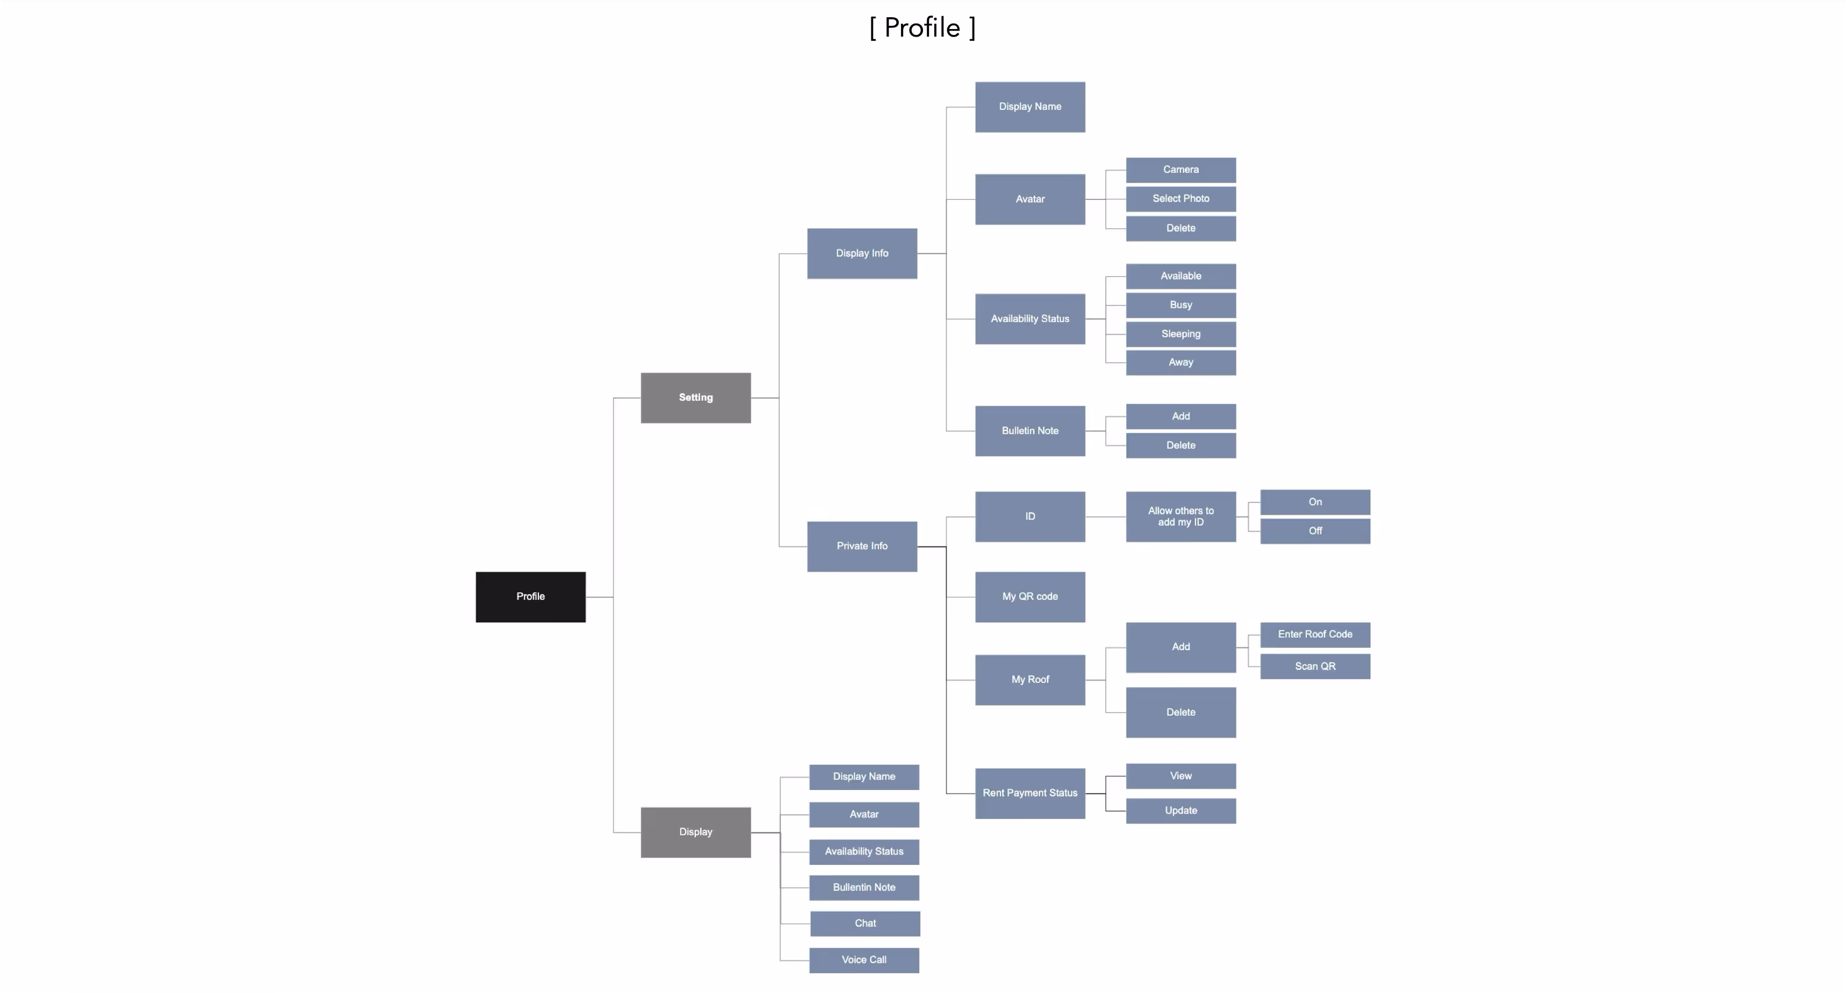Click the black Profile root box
(x=530, y=597)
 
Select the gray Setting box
(x=695, y=397)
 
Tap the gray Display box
(x=695, y=832)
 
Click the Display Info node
(x=862, y=254)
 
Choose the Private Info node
(x=862, y=546)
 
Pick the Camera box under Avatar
(x=1180, y=170)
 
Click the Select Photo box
(x=1180, y=199)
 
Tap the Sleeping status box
(x=1180, y=334)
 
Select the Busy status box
(x=1180, y=305)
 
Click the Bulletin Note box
(x=1030, y=431)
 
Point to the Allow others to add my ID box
(x=1180, y=516)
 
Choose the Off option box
(x=1315, y=531)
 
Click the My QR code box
(x=1030, y=597)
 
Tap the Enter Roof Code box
(x=1315, y=634)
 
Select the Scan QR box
(x=1315, y=666)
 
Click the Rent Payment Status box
(x=1030, y=793)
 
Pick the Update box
(x=1180, y=810)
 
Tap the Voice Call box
(x=864, y=960)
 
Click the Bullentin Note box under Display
(x=864, y=887)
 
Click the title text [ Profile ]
(x=922, y=28)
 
